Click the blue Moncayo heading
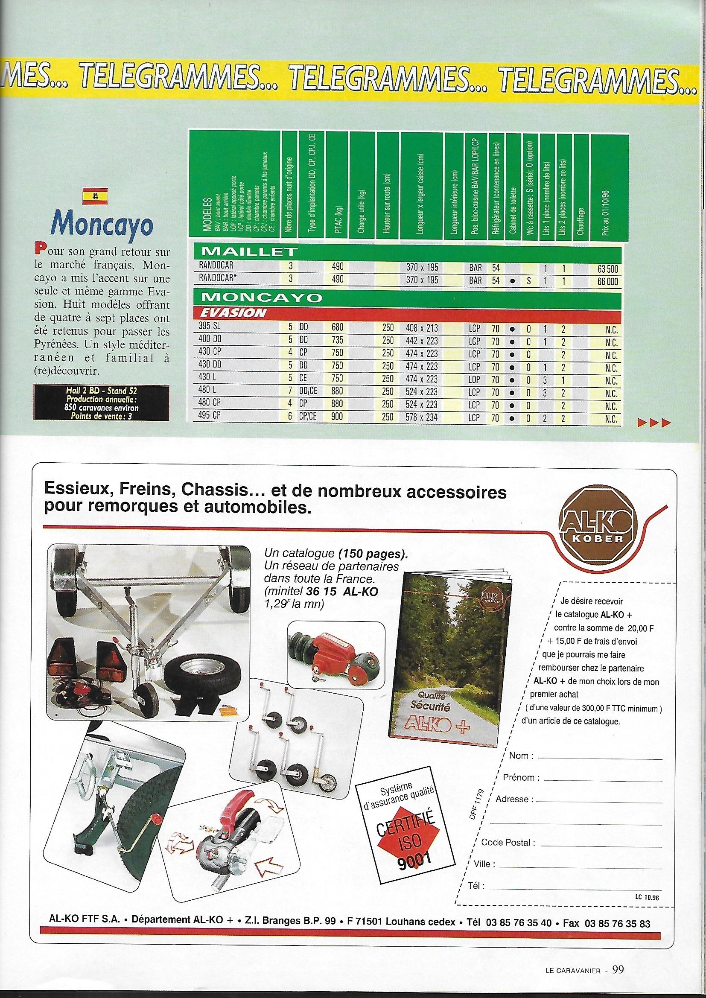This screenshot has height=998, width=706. pos(103,225)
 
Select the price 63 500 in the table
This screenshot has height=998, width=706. pos(608,269)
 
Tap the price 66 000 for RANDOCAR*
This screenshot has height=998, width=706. pos(608,281)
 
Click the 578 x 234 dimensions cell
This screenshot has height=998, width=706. pos(422,417)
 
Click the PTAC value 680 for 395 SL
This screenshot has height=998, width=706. pos(337,329)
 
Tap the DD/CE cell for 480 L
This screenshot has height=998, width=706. pos(308,391)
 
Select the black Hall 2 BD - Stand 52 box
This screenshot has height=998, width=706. pos(101,403)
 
